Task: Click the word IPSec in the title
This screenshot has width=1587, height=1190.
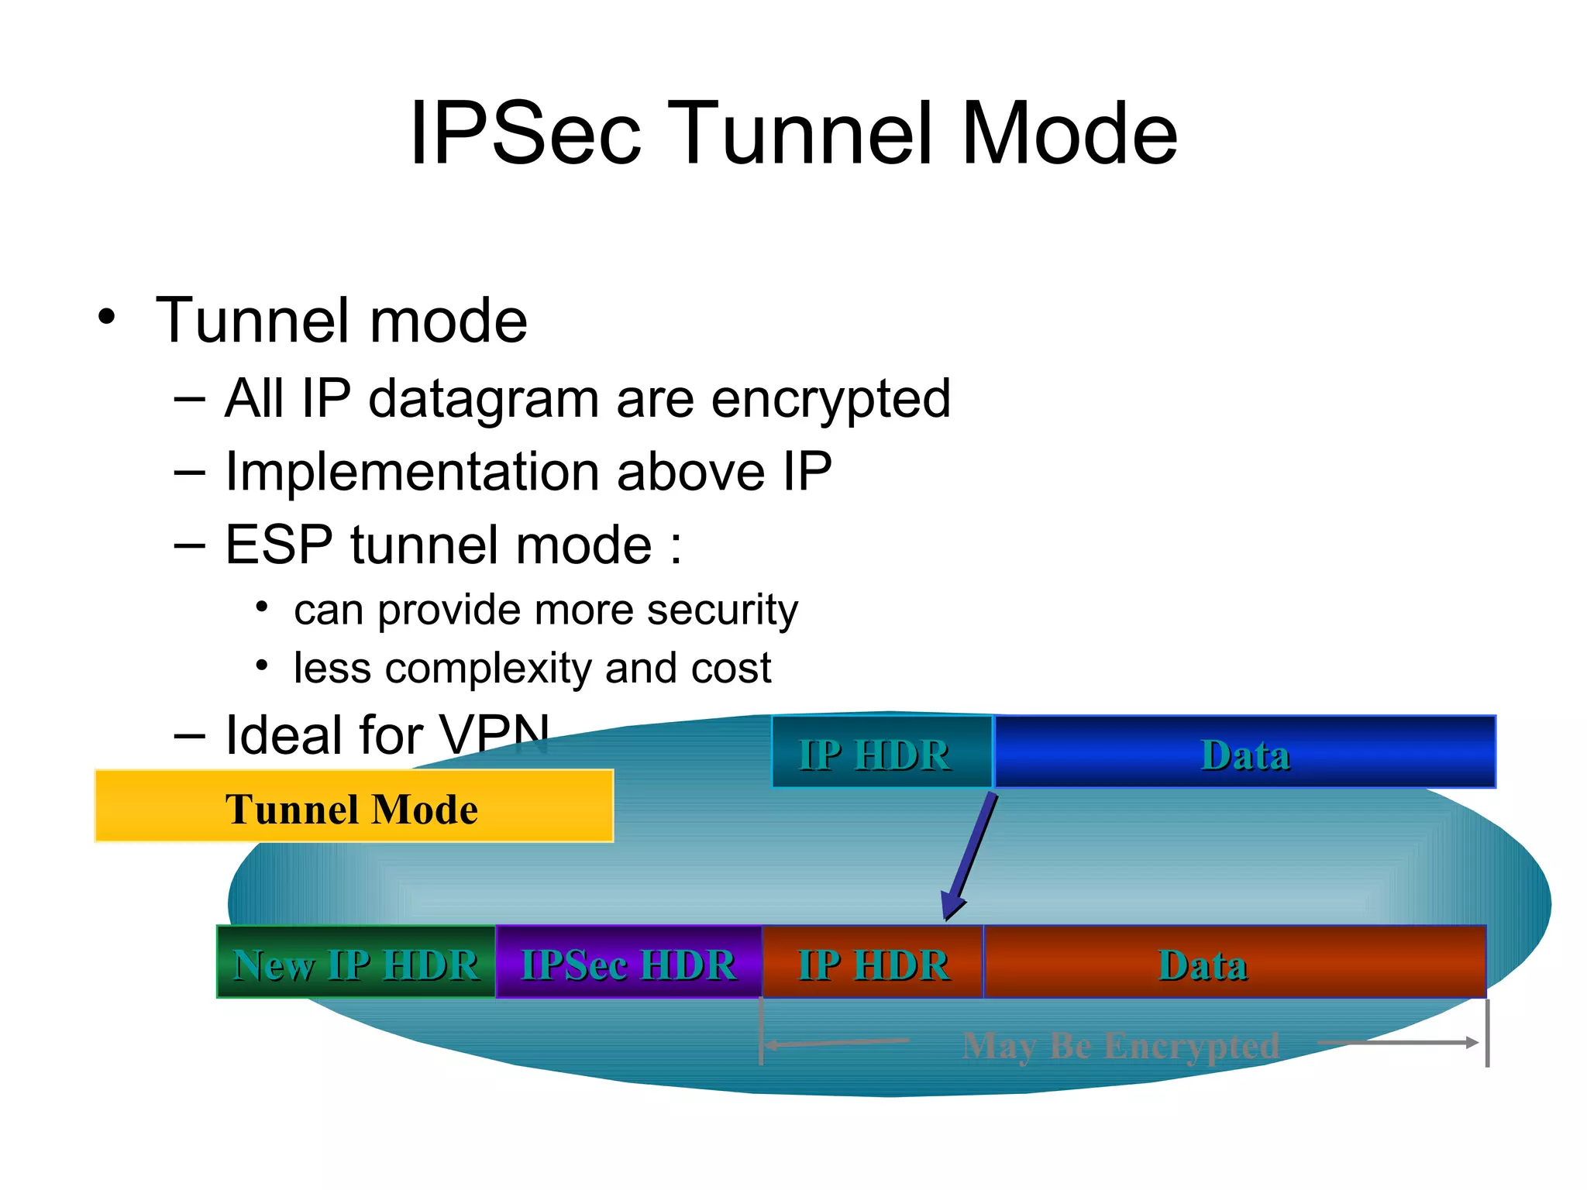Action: click(x=525, y=133)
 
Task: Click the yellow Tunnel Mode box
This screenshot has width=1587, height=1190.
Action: click(x=353, y=807)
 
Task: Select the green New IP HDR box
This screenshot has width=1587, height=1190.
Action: click(x=356, y=962)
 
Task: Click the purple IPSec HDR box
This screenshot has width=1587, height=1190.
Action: click(x=628, y=962)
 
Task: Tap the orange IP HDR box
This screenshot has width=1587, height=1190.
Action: click(x=873, y=962)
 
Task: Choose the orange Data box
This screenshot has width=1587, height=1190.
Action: click(x=1234, y=962)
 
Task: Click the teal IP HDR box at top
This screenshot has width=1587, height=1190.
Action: click(x=882, y=752)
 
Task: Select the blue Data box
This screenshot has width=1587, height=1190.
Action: click(x=1244, y=752)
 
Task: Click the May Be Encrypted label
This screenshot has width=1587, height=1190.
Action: click(x=1120, y=1045)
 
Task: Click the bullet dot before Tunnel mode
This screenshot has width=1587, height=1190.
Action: click(x=106, y=318)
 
